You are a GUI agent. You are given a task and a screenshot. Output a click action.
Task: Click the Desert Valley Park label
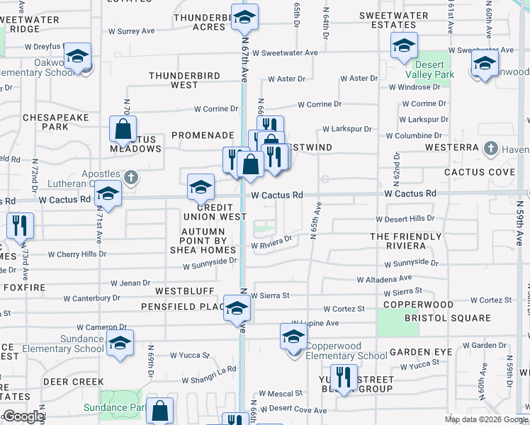pyautogui.click(x=429, y=74)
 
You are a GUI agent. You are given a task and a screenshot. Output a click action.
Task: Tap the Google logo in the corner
pyautogui.click(x=23, y=416)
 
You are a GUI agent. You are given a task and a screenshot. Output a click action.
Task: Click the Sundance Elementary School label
pyautogui.click(x=62, y=344)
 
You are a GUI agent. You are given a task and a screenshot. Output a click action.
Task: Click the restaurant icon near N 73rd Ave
pyautogui.click(x=20, y=226)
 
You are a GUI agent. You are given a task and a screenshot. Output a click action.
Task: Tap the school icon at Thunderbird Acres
pyautogui.click(x=244, y=18)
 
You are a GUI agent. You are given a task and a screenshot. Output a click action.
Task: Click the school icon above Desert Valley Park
pyautogui.click(x=404, y=47)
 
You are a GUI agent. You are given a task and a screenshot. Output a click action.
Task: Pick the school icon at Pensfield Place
pyautogui.click(x=237, y=309)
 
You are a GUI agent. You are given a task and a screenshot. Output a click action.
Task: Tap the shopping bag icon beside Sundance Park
pyautogui.click(x=162, y=412)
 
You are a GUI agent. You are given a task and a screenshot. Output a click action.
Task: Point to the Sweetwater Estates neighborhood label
pyautogui.click(x=393, y=20)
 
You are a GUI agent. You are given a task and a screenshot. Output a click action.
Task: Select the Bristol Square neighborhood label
pyautogui.click(x=447, y=318)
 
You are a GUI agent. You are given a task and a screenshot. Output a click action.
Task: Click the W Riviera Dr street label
pyautogui.click(x=271, y=243)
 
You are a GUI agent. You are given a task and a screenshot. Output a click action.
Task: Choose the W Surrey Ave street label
pyautogui.click(x=131, y=32)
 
